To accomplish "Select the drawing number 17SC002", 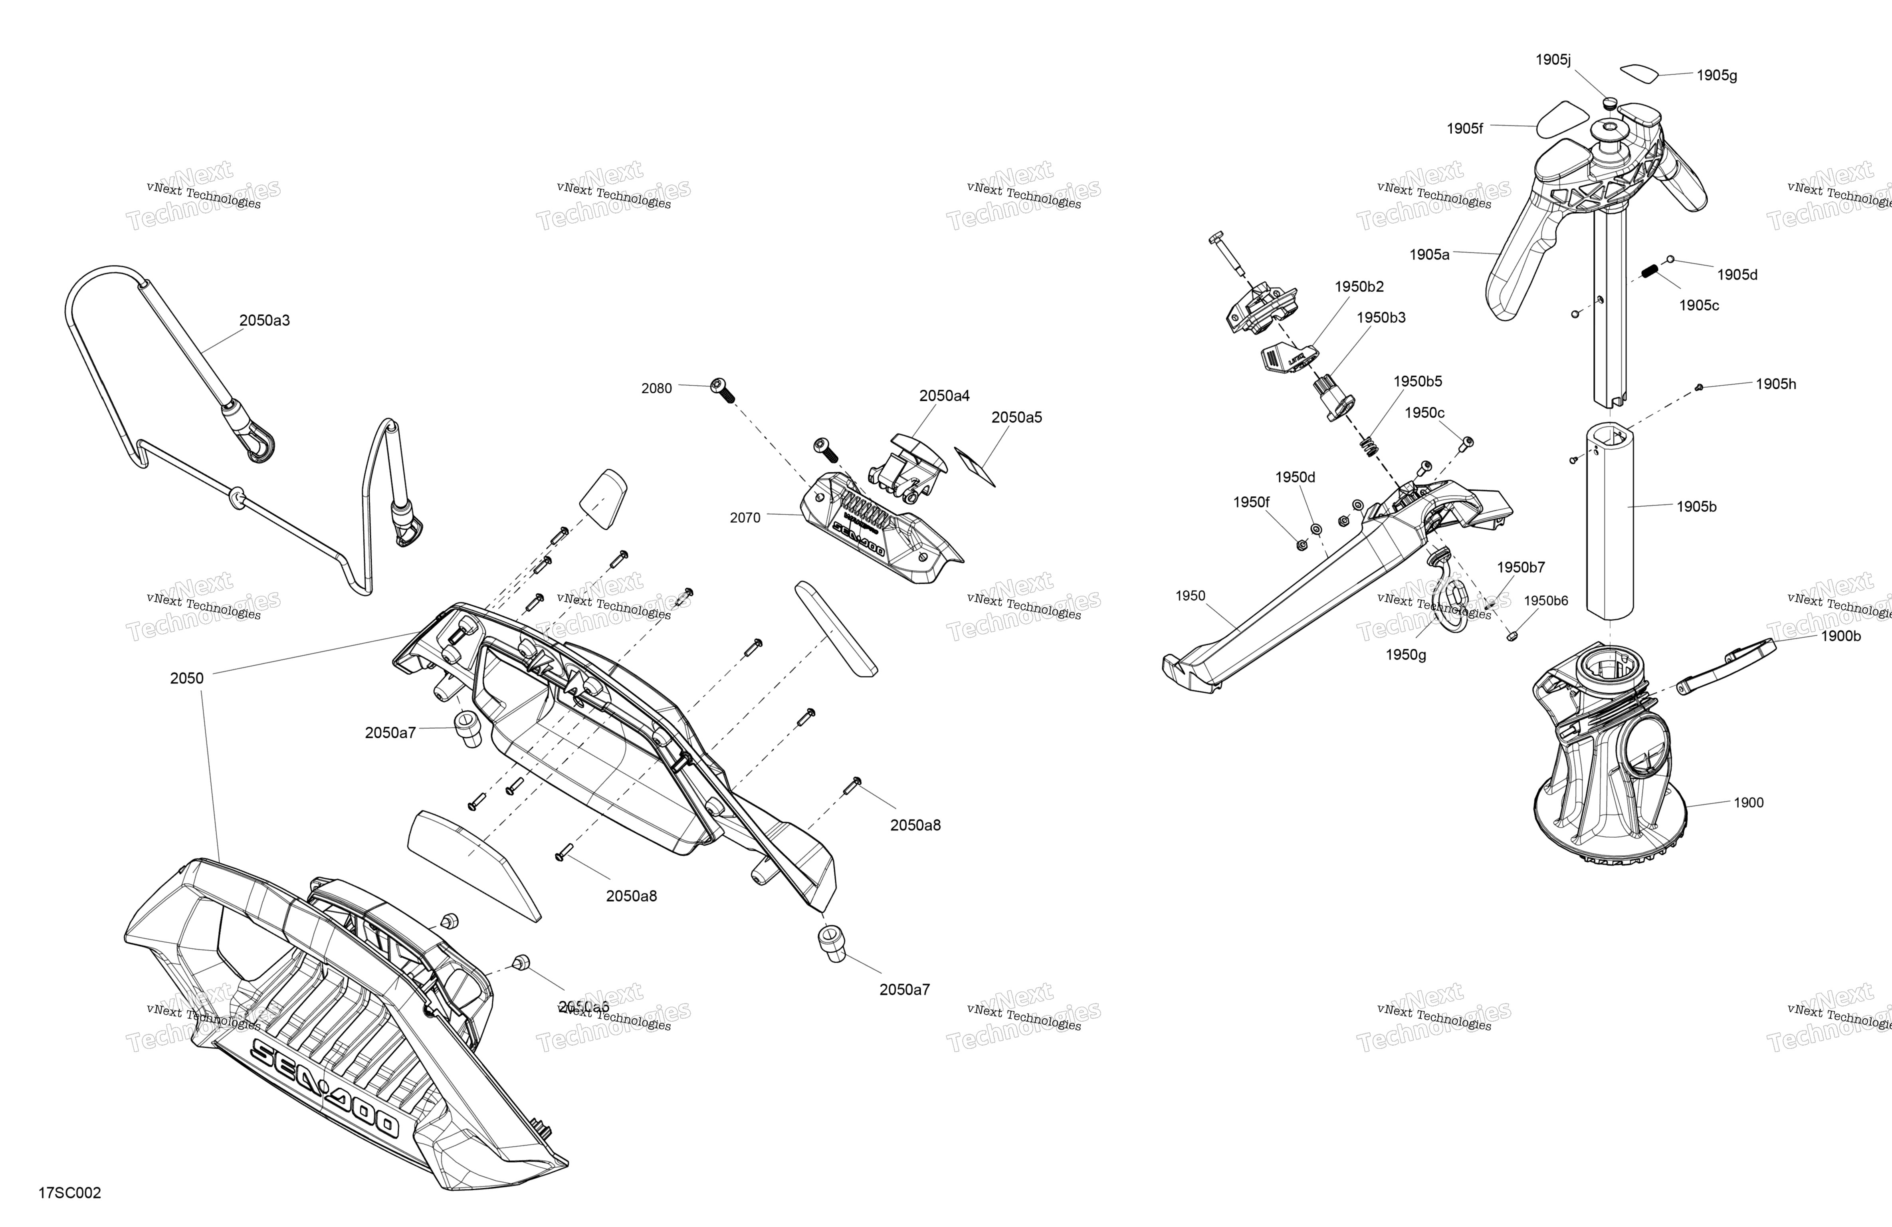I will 70,1193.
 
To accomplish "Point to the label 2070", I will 745,518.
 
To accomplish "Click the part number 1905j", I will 1553,59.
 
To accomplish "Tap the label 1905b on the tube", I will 1696,507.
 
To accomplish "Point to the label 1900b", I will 1840,636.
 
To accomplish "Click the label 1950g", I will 1405,654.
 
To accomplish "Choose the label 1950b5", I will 1417,382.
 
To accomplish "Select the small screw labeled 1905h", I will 1699,387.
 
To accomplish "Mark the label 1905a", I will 1429,254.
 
